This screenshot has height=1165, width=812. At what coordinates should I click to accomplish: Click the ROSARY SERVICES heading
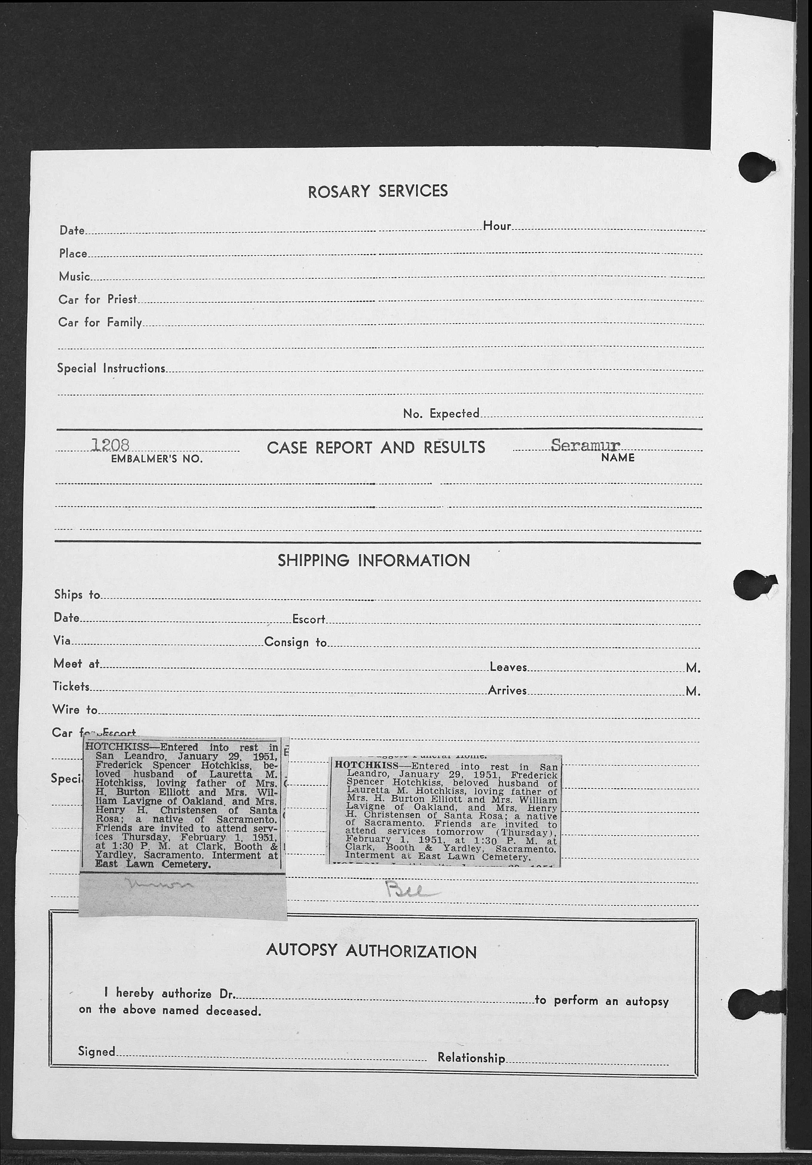tap(377, 191)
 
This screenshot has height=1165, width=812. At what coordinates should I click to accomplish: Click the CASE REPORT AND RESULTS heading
tap(376, 448)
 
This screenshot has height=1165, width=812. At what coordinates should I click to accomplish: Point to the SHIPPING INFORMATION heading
tap(374, 561)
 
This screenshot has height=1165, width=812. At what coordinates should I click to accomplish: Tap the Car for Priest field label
tap(97, 299)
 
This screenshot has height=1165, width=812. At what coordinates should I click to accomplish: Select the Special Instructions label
tap(111, 369)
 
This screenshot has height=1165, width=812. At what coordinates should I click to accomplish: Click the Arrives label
tap(507, 690)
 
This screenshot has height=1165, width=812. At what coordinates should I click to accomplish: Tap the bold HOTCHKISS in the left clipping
tap(117, 747)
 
